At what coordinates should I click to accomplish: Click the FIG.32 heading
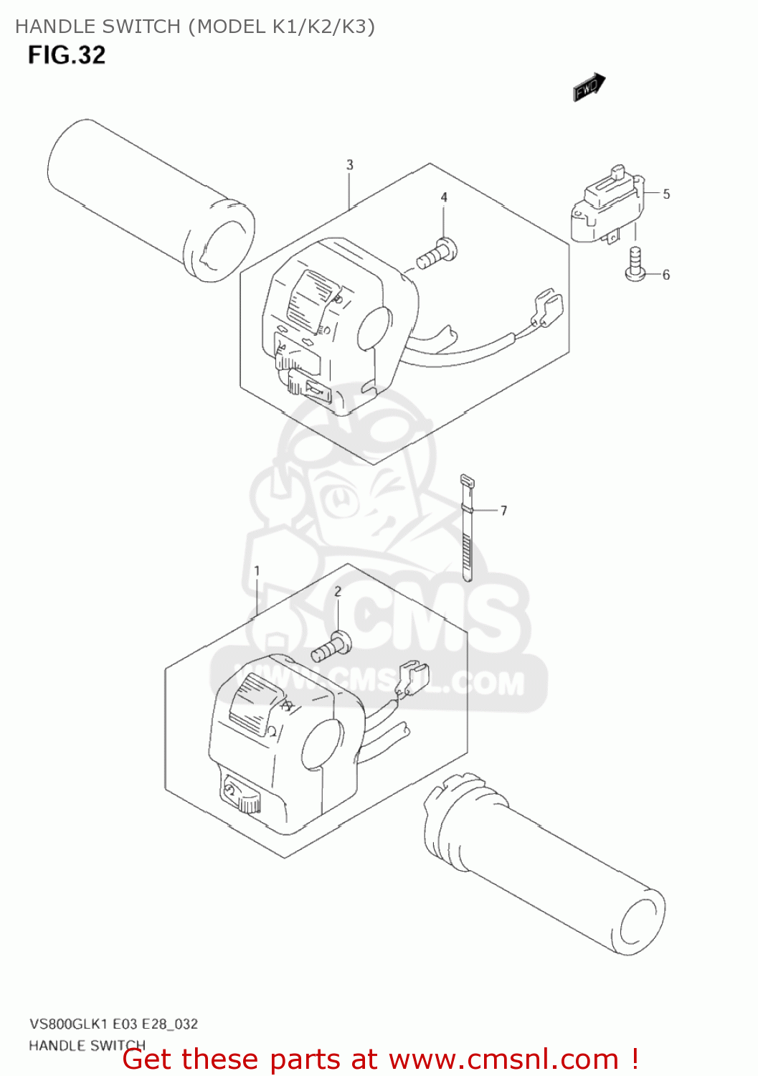point(67,55)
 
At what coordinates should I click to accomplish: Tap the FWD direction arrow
point(589,88)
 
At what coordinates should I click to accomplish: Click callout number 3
point(350,165)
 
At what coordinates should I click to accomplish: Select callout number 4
point(444,197)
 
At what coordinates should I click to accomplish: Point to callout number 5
point(666,194)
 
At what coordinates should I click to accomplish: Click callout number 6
point(666,275)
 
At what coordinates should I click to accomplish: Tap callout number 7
point(504,511)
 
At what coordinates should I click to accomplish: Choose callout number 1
point(257,571)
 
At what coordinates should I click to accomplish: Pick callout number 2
point(338,591)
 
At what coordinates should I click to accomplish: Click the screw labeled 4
point(437,253)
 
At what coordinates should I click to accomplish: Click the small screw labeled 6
point(635,263)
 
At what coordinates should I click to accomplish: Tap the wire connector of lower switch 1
point(412,677)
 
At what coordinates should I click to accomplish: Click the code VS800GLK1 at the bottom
point(69,1024)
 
